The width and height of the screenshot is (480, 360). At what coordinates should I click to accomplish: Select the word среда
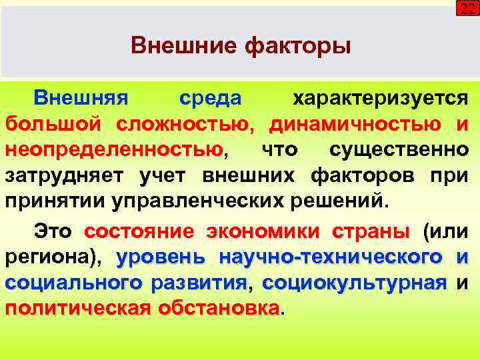point(211,99)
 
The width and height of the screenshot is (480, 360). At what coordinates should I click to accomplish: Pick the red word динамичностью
point(354,123)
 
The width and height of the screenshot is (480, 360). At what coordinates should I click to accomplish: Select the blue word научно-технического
point(331,257)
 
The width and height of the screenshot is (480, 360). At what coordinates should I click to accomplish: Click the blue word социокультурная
point(354,282)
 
